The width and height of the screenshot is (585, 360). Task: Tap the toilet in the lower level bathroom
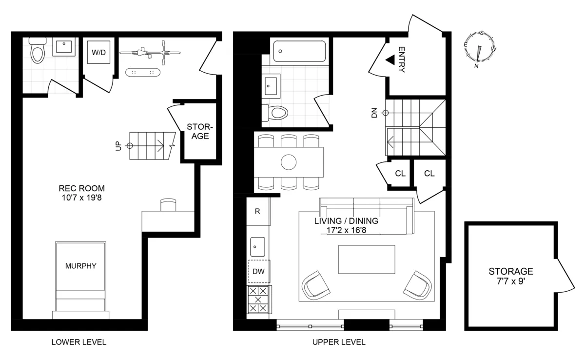click(x=37, y=52)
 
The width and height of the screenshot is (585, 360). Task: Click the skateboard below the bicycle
click(x=143, y=73)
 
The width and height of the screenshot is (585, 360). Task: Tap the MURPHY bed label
click(x=80, y=266)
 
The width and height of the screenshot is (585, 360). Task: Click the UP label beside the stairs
click(x=118, y=145)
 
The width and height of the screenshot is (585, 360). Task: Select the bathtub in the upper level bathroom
click(x=299, y=51)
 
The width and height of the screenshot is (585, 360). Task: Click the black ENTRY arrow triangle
click(x=390, y=60)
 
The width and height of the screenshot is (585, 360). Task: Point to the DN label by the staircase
click(x=374, y=113)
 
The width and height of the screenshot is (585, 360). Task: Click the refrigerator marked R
click(x=257, y=211)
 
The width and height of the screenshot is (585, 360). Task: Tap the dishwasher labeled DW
click(x=258, y=272)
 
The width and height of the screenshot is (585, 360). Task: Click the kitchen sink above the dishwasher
click(x=257, y=247)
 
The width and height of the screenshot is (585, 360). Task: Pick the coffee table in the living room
click(x=367, y=260)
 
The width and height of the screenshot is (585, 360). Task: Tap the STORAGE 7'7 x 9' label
click(x=511, y=276)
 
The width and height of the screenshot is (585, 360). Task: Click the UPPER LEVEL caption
click(x=339, y=342)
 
